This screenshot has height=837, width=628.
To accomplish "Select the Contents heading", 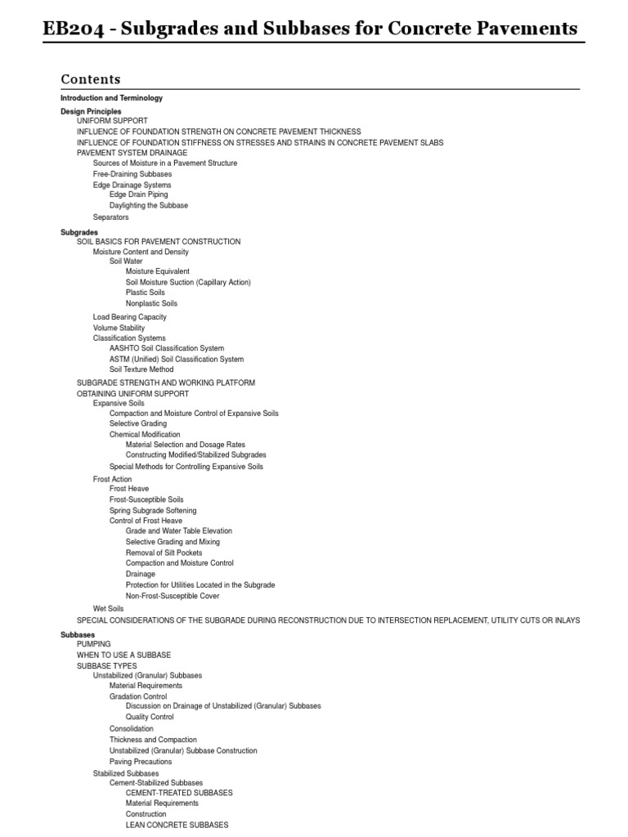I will coord(90,79).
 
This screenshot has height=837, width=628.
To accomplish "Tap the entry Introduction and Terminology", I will coord(111,98).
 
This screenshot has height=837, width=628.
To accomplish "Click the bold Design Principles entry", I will coord(91,111).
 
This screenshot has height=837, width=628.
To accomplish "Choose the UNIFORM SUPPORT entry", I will coord(112,121).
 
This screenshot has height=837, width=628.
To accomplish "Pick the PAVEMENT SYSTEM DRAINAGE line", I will coord(132,153).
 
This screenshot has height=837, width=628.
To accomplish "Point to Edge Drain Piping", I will coord(138,195).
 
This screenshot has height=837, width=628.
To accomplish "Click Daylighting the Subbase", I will coord(148,205).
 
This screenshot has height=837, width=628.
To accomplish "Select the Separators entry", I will coord(110,217).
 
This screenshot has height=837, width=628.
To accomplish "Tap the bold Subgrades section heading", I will coord(79,232).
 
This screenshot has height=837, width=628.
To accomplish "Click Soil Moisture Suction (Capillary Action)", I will coord(188,282).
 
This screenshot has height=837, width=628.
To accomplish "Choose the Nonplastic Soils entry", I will coord(151,303).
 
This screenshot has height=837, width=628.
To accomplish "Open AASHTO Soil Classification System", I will coord(166,348).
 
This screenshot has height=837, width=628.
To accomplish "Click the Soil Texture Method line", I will coord(141,369).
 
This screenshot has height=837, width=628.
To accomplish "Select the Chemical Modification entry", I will coord(145,435).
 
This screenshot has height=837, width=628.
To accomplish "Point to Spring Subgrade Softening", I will coord(153,510).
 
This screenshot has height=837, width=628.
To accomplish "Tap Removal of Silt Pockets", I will coord(164,553).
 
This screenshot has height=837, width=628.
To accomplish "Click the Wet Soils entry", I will coord(108,608).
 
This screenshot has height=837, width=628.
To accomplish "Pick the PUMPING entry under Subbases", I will coord(93,644).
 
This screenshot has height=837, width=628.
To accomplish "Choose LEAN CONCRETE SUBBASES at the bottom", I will coord(177,825).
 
